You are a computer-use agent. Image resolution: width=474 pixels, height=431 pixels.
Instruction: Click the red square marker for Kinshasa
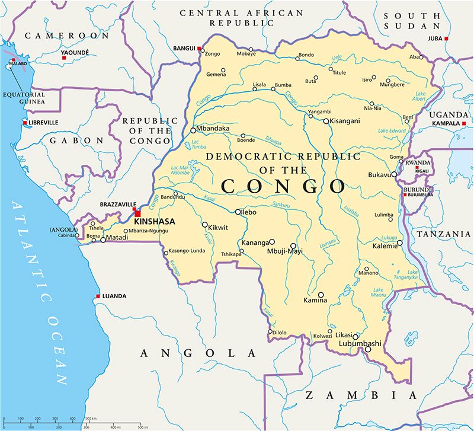[x=137, y=213]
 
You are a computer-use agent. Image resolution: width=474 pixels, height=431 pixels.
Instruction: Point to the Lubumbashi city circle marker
[x=367, y=349]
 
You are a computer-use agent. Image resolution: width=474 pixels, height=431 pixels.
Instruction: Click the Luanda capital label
[x=115, y=296]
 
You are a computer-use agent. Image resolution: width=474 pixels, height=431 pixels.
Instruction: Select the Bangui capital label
[x=184, y=48]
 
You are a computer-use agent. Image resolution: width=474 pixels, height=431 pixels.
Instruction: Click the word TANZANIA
[x=443, y=234]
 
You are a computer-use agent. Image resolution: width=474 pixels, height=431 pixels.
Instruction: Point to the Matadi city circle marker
[x=103, y=240]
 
